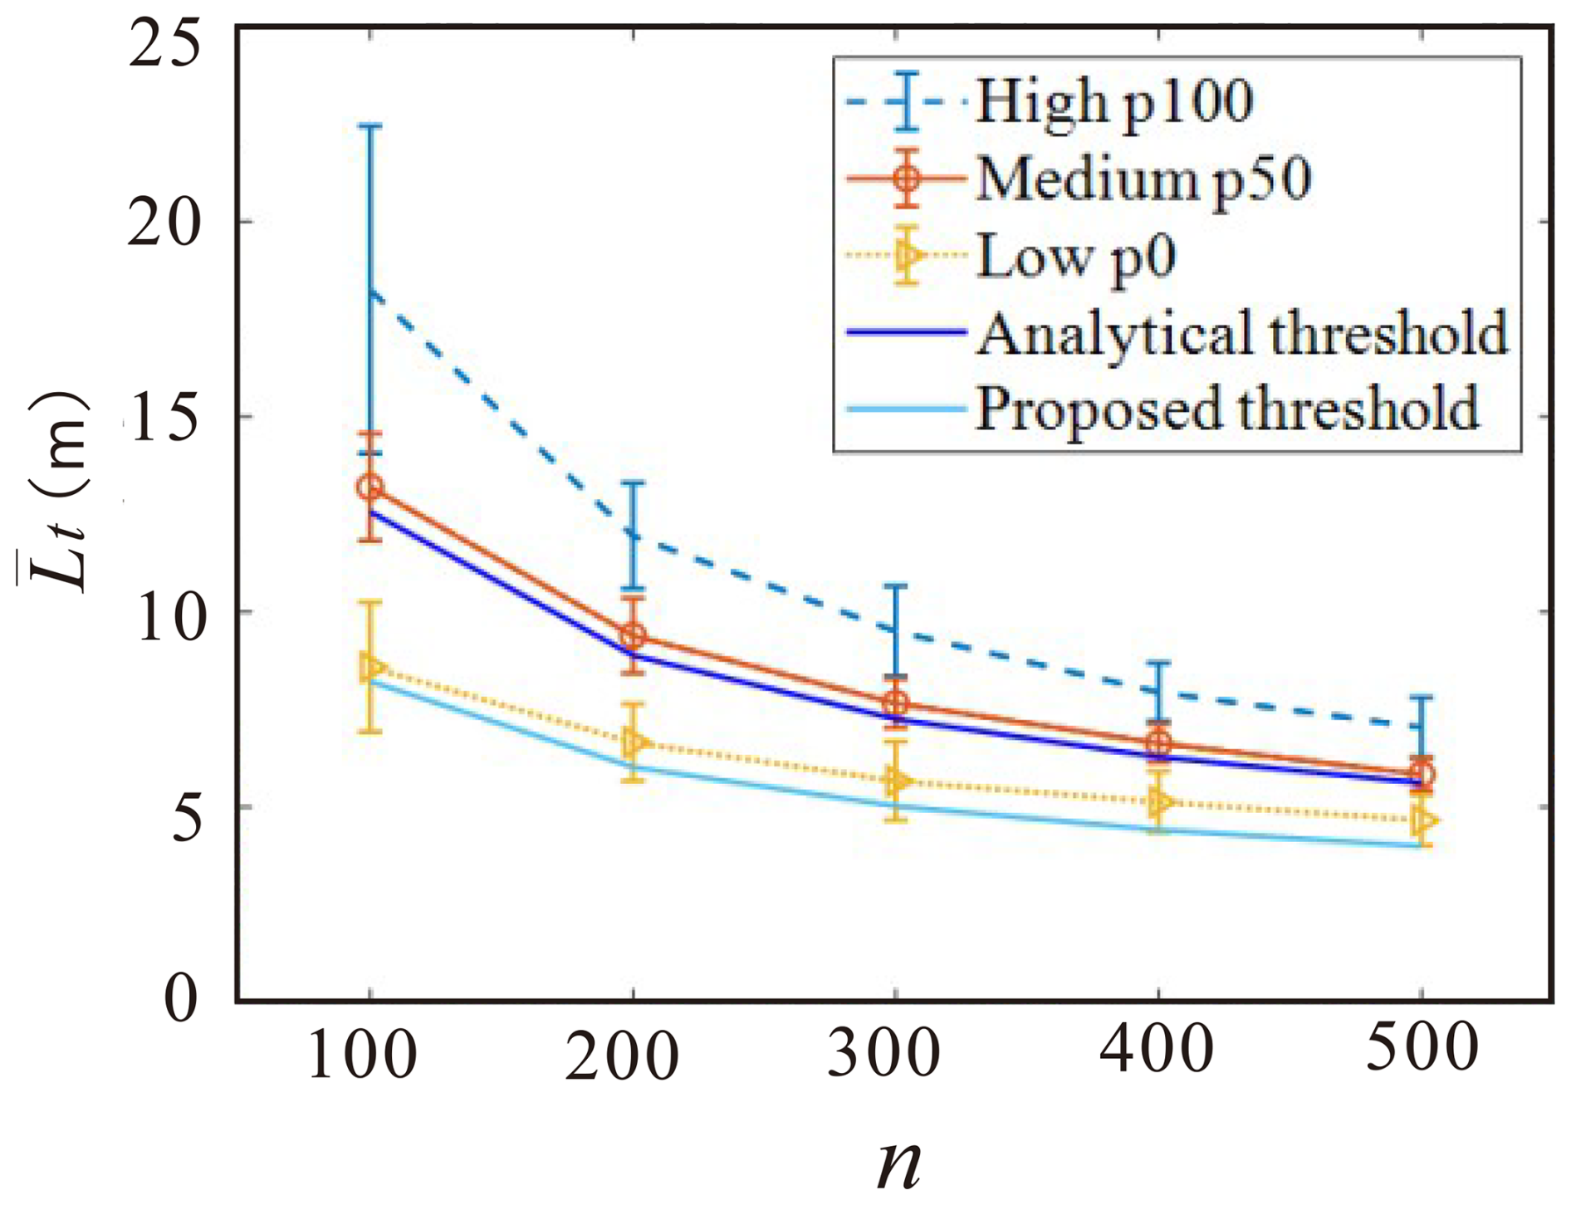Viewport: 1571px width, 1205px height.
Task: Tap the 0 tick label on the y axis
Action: pos(183,998)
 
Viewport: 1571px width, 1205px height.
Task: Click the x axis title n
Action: pos(898,1163)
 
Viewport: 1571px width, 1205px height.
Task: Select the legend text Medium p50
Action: pos(1143,179)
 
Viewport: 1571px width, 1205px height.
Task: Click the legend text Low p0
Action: pos(1076,256)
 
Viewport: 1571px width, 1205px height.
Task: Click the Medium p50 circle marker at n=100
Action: pos(370,487)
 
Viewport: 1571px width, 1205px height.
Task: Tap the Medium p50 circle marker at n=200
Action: pos(634,637)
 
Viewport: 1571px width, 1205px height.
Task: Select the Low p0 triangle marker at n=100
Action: pos(371,667)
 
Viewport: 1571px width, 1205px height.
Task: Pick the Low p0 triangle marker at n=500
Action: pos(1423,820)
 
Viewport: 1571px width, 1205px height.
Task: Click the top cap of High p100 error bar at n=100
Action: pos(370,126)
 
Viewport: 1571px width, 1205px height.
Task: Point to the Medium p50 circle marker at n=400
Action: pos(1160,744)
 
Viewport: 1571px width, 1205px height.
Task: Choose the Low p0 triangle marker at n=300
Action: pos(897,781)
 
